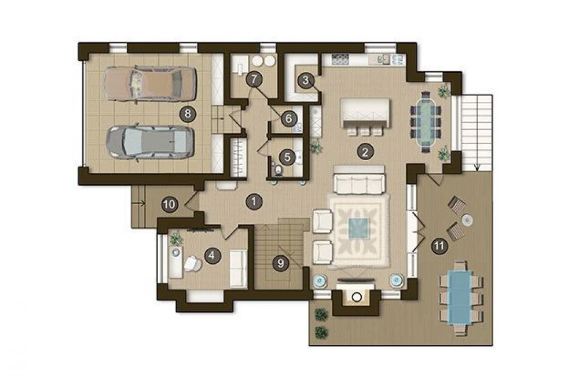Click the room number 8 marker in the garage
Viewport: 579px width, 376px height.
pos(188,113)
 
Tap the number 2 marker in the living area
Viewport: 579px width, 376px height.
pos(365,152)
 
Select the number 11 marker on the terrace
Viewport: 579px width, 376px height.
pos(439,246)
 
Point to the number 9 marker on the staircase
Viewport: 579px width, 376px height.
pos(281,263)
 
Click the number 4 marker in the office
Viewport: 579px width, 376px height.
pos(212,255)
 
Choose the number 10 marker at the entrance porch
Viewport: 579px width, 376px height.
pos(170,204)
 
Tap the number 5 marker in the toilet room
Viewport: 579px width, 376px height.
pos(287,157)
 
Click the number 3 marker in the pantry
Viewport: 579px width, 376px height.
pos(305,80)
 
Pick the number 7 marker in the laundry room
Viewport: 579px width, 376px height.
pos(254,79)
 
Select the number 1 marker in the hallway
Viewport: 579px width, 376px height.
pos(254,201)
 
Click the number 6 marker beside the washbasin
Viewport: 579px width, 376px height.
pos(288,119)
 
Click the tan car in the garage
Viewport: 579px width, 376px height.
pos(149,84)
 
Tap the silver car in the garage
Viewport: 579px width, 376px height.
pos(149,142)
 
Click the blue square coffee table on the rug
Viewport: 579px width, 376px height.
pos(358,229)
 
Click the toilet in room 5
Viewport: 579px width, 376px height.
pos(278,169)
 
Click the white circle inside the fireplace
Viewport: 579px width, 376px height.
pos(356,297)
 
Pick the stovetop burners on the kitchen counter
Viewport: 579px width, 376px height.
pos(340,58)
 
